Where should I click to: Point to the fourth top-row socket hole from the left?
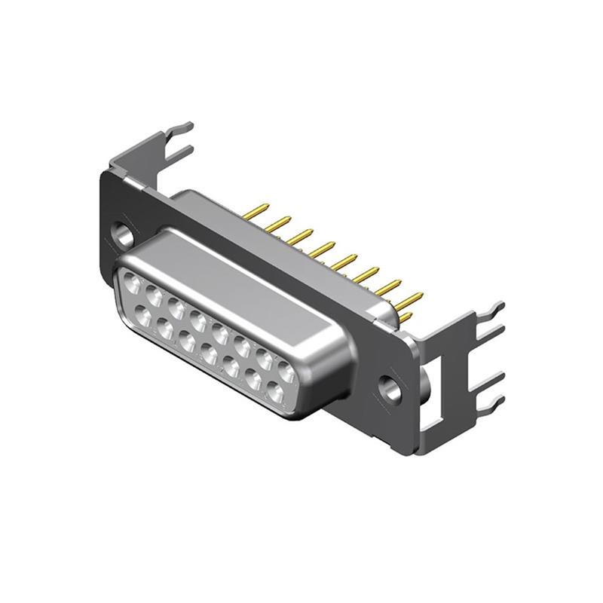pyautogui.click(x=199, y=320)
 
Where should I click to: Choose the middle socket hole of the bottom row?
pyautogui.click(x=210, y=354)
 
